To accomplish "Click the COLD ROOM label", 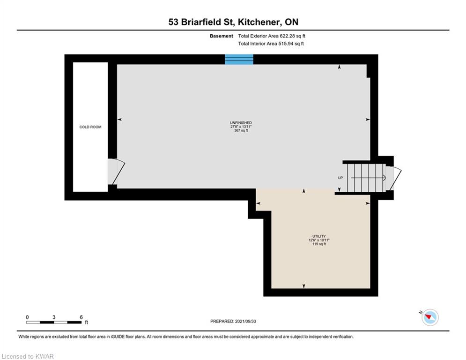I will tap(90, 127).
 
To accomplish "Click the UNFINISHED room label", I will tap(241, 123).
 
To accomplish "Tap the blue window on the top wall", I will tap(239, 59).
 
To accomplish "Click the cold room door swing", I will tap(116, 171).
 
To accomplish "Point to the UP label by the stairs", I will tap(340, 178).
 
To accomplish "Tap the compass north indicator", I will tap(429, 317).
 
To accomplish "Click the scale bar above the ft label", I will tap(54, 322).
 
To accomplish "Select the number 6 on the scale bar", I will tap(81, 317).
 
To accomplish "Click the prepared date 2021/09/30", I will tap(247, 321).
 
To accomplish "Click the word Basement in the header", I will tap(222, 36).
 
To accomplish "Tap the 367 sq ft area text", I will tap(241, 131).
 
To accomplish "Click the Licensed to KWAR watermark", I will tap(27, 356).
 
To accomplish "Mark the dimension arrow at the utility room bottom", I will tap(303, 285).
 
